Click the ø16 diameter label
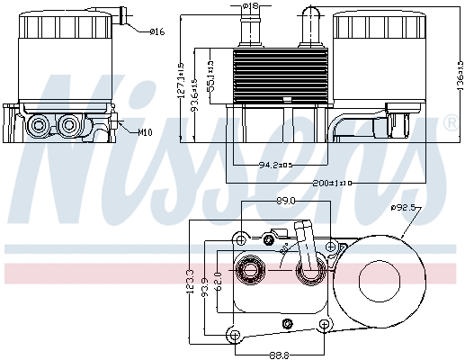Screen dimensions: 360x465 (x=157, y=32)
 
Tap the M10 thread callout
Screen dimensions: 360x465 (x=145, y=132)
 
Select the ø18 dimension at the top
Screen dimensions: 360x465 (x=251, y=6)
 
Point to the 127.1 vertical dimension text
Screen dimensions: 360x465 (x=181, y=80)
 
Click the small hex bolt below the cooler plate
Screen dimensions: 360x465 (x=287, y=324)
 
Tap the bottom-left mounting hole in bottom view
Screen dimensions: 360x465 (x=235, y=335)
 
